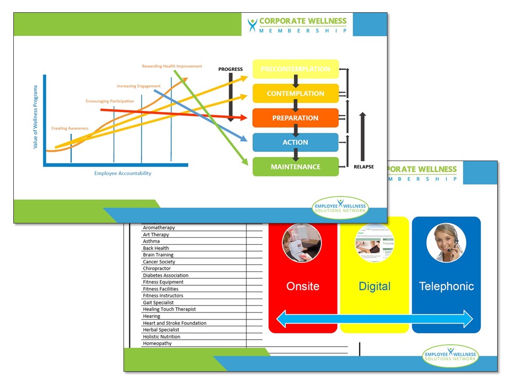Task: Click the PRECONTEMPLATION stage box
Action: pyautogui.click(x=295, y=69)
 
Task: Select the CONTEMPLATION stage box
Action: pyautogui.click(x=295, y=93)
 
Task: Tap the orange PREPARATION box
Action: pyautogui.click(x=295, y=118)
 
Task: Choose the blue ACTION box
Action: pyautogui.click(x=295, y=142)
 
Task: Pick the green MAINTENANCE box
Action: pyautogui.click(x=295, y=167)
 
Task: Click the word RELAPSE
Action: pyautogui.click(x=364, y=167)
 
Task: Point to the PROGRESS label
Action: pyautogui.click(x=230, y=69)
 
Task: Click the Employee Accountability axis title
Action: pyautogui.click(x=123, y=173)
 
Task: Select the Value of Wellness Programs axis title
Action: pyautogui.click(x=36, y=116)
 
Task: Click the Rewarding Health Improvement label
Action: pyautogui.click(x=172, y=66)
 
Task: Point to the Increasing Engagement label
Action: pyautogui.click(x=138, y=86)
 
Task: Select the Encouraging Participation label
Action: pyautogui.click(x=110, y=101)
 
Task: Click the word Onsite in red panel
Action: pyautogui.click(x=303, y=286)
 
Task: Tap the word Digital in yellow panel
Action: pyautogui.click(x=374, y=286)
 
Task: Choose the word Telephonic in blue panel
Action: pyautogui.click(x=446, y=286)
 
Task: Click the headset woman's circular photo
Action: pyautogui.click(x=446, y=243)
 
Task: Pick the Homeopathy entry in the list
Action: pyautogui.click(x=157, y=343)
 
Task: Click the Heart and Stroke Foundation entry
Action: pyautogui.click(x=175, y=323)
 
